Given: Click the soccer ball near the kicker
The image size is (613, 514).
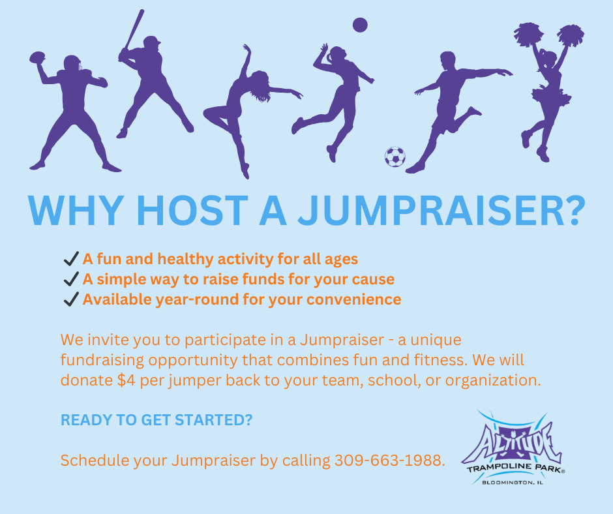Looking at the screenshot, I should pyautogui.click(x=395, y=157).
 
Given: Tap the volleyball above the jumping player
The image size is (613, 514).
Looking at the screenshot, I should pyautogui.click(x=360, y=25).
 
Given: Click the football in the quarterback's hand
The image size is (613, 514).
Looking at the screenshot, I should pyautogui.click(x=38, y=58).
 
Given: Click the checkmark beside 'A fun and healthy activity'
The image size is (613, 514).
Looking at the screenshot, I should pyautogui.click(x=71, y=259).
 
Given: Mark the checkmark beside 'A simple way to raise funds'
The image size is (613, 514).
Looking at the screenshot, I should pyautogui.click(x=71, y=280).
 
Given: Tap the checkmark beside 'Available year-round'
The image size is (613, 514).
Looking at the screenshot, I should pyautogui.click(x=71, y=300).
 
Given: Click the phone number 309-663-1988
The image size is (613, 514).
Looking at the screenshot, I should pyautogui.click(x=389, y=461).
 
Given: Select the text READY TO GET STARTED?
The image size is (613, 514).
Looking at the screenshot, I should pyautogui.click(x=157, y=421).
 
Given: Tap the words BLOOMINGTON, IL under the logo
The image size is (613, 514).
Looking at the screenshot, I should pyautogui.click(x=513, y=482).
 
